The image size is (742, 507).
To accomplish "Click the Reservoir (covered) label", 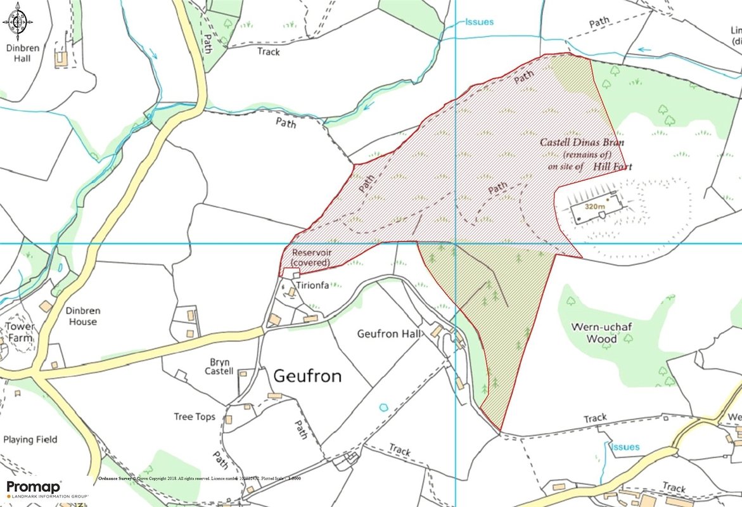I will [x=311, y=257].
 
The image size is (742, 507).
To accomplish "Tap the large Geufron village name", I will [x=307, y=376].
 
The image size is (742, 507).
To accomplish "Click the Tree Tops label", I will [x=195, y=417].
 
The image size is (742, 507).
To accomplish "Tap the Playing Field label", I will [x=30, y=440].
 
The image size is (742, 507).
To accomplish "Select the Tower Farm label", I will [x=20, y=332].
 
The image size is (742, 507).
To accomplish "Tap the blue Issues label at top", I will [x=479, y=22].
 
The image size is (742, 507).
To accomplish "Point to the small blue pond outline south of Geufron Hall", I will [x=382, y=406].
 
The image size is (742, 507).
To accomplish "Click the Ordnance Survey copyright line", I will [x=200, y=478].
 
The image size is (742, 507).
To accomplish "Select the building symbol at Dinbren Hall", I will [x=62, y=58].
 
